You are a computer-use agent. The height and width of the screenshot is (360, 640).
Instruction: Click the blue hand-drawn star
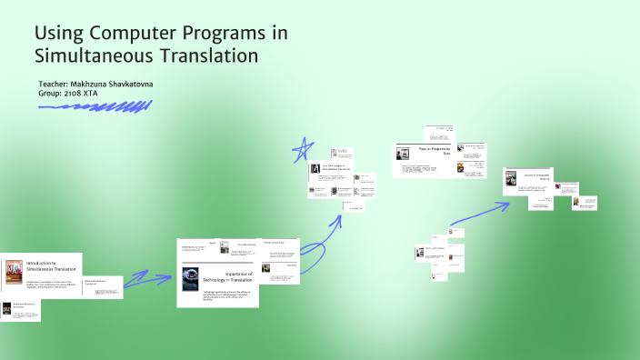[304, 148]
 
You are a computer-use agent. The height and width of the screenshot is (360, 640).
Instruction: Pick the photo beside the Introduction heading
[13, 271]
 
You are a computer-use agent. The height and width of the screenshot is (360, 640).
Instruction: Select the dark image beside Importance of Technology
[190, 276]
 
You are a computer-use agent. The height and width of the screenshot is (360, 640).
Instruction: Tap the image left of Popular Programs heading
[402, 154]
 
